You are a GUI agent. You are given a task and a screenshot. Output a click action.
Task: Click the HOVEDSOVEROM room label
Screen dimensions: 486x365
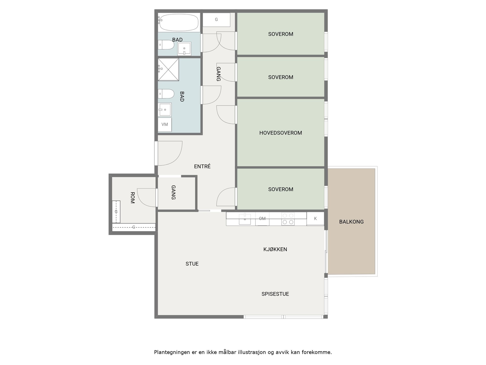[x=280, y=133]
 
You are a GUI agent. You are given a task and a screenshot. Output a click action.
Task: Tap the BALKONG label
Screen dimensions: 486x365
[x=351, y=222]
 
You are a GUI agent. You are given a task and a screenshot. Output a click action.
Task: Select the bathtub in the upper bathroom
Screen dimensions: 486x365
[x=179, y=22]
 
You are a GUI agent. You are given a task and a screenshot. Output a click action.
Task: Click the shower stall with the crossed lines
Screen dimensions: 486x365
[x=168, y=69]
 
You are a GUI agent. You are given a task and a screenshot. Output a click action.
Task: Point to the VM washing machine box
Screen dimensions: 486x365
[x=165, y=124]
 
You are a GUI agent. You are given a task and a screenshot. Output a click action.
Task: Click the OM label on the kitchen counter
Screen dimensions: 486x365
[x=262, y=218]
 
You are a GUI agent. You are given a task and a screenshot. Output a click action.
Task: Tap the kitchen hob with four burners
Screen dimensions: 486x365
[x=288, y=219]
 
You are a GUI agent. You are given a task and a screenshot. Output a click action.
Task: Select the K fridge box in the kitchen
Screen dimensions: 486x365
[x=315, y=218]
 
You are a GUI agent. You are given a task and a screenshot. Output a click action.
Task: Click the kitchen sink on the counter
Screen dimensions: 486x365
[x=245, y=219]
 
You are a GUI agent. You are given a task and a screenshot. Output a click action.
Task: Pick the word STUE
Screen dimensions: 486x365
[x=192, y=264]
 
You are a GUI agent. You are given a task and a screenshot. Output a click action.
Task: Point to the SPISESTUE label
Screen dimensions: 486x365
[x=275, y=294]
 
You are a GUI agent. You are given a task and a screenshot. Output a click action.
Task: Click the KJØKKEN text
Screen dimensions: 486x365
[x=275, y=249]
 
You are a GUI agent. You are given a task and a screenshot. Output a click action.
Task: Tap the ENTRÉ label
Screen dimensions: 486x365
[x=202, y=166]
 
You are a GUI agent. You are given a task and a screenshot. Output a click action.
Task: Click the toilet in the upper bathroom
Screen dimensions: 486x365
[x=166, y=45]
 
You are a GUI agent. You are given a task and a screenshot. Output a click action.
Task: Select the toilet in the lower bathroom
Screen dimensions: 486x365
[x=166, y=94]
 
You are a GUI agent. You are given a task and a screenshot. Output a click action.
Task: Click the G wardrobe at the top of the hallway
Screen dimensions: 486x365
[x=216, y=20]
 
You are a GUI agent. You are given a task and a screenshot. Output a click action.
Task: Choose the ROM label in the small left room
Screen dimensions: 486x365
[x=132, y=198]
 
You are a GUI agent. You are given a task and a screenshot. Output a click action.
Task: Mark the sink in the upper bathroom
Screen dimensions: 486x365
[x=184, y=49]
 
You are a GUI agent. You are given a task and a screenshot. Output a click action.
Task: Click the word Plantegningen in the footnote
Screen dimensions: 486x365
[x=172, y=352]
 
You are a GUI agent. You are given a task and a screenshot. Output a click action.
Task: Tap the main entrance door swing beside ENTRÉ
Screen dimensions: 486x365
[x=169, y=153]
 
